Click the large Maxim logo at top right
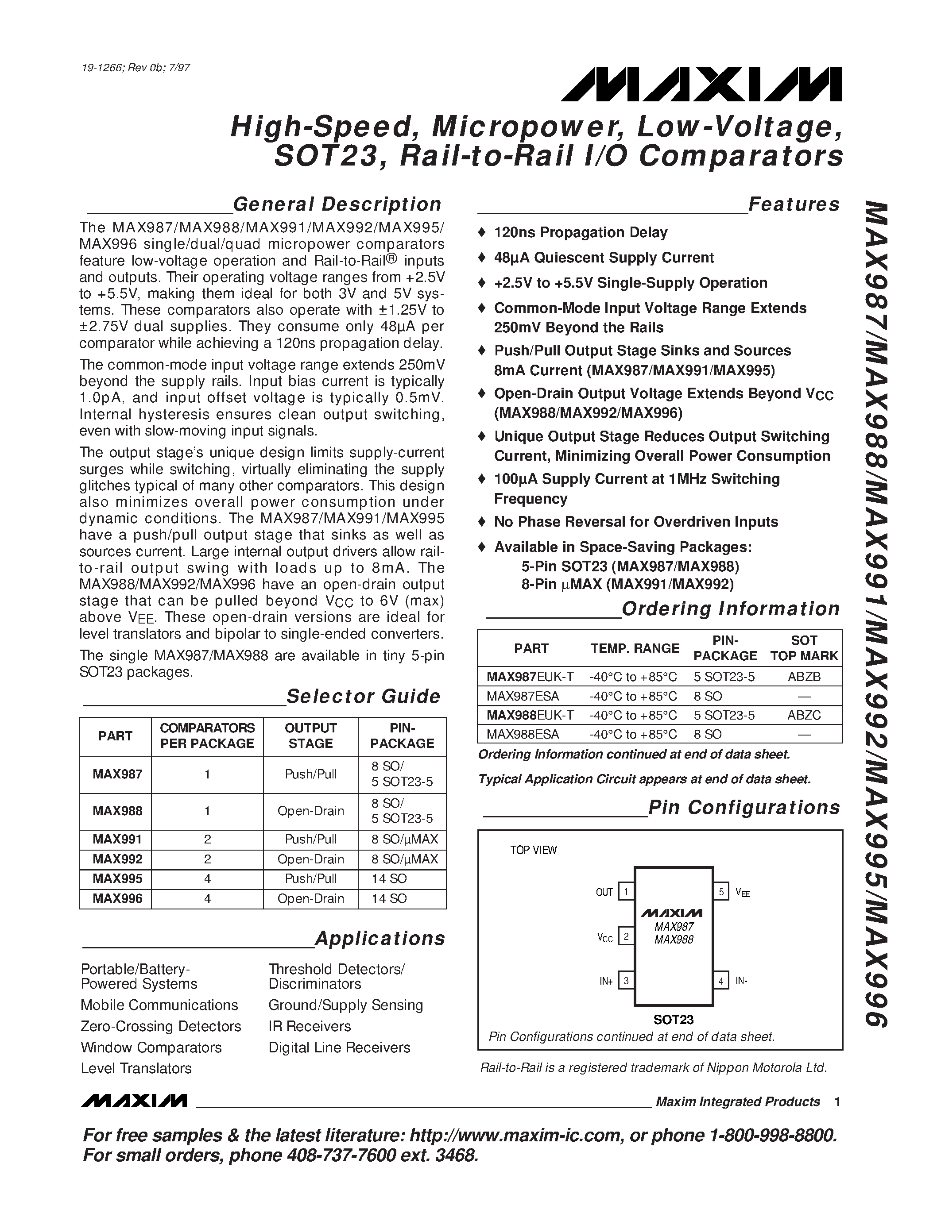pos(701,85)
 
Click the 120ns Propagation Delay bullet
pos(581,232)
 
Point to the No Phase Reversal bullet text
pos(635,522)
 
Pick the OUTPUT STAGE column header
pos(310,736)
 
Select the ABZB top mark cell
pos(804,677)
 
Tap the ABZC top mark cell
pos(804,715)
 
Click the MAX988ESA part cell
pos(523,735)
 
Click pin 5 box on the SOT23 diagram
pos(721,892)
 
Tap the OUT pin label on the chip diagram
pos(604,892)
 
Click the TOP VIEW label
pos(533,850)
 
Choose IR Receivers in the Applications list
pos(310,1026)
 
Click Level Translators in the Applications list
pos(136,1068)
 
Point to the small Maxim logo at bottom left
pos(134,1101)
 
